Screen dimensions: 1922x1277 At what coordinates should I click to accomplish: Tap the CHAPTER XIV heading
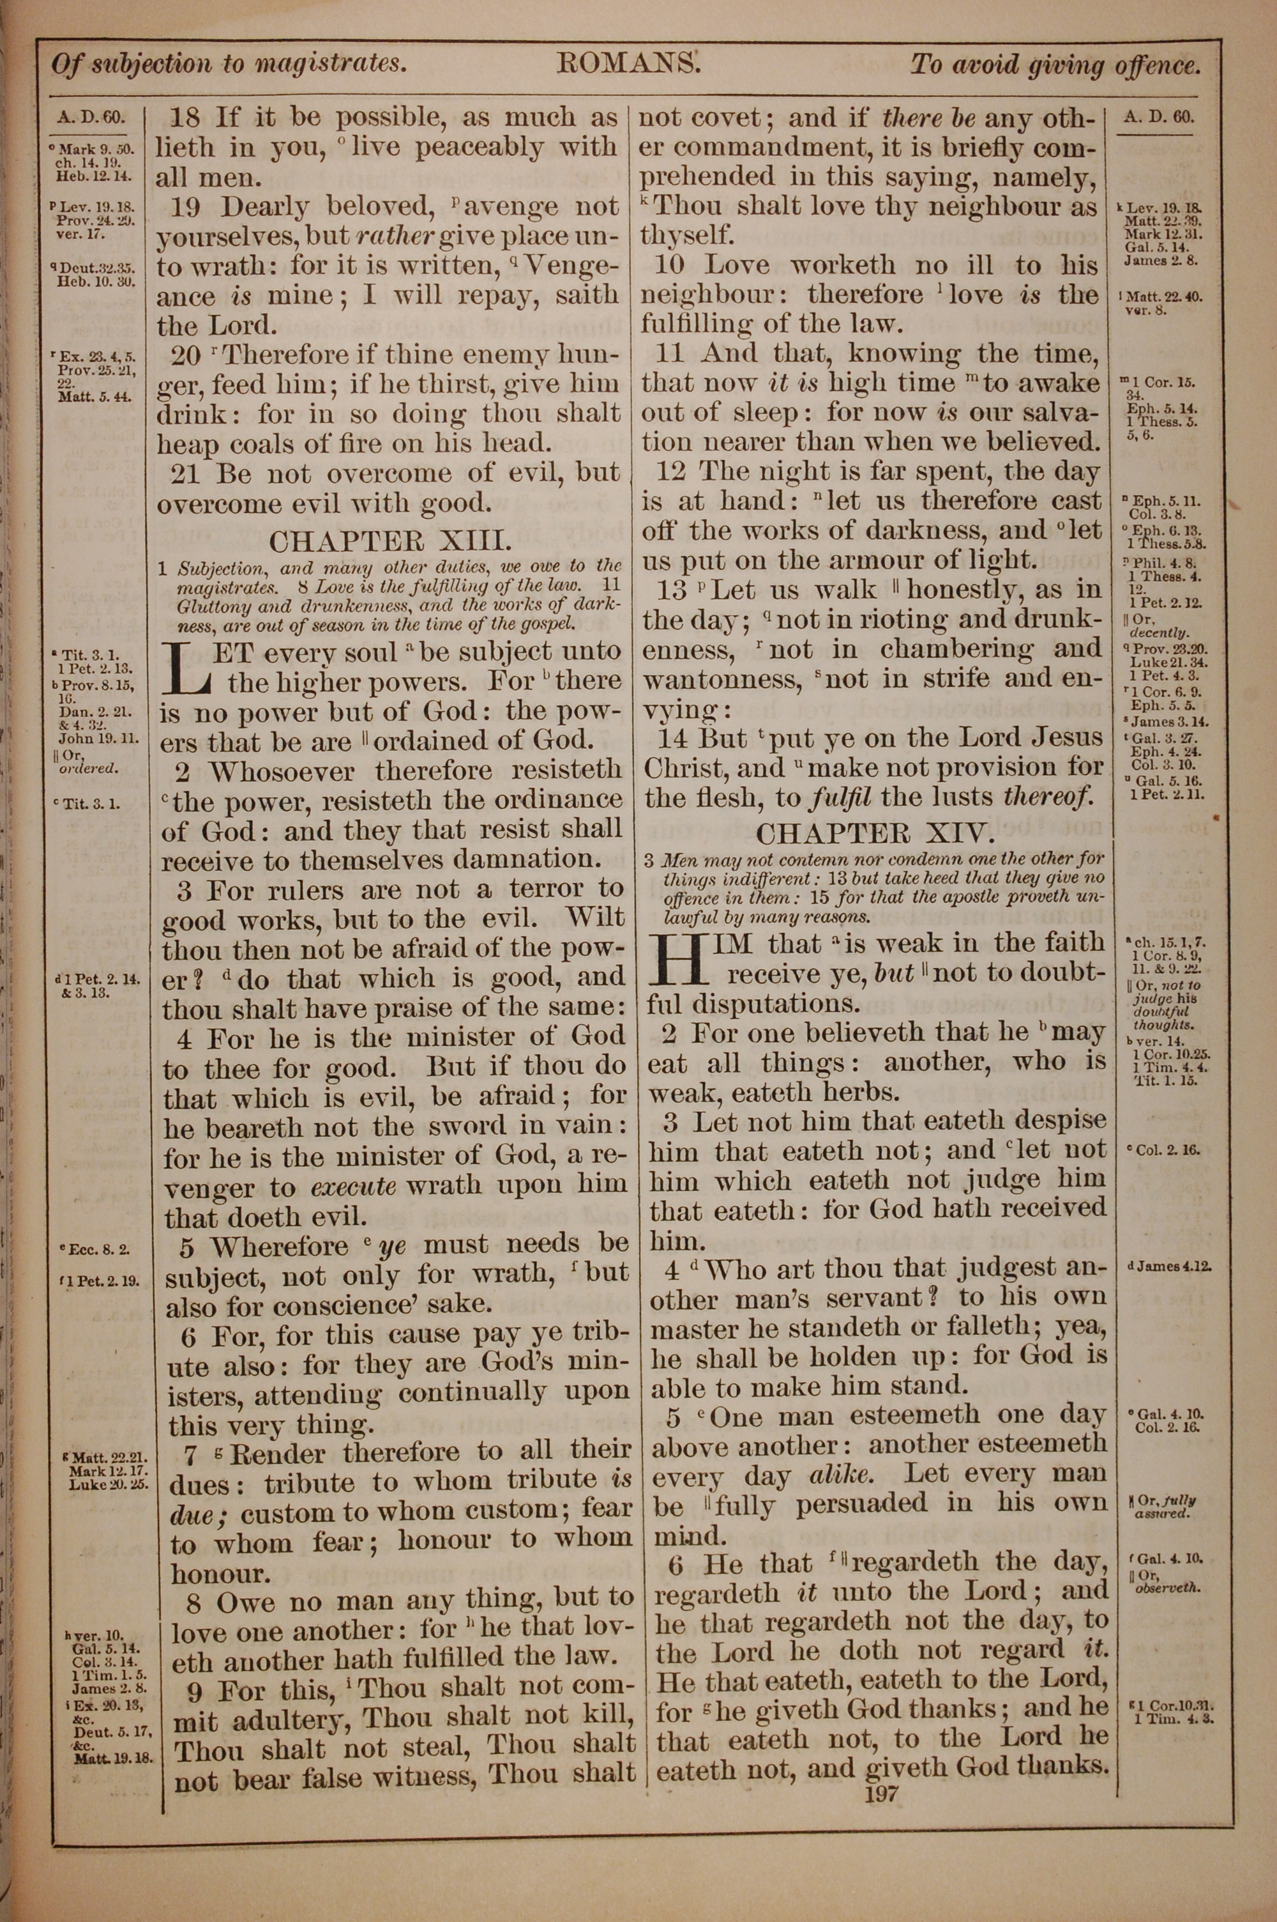875,833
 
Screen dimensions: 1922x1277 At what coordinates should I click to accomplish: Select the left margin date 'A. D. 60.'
91,118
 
